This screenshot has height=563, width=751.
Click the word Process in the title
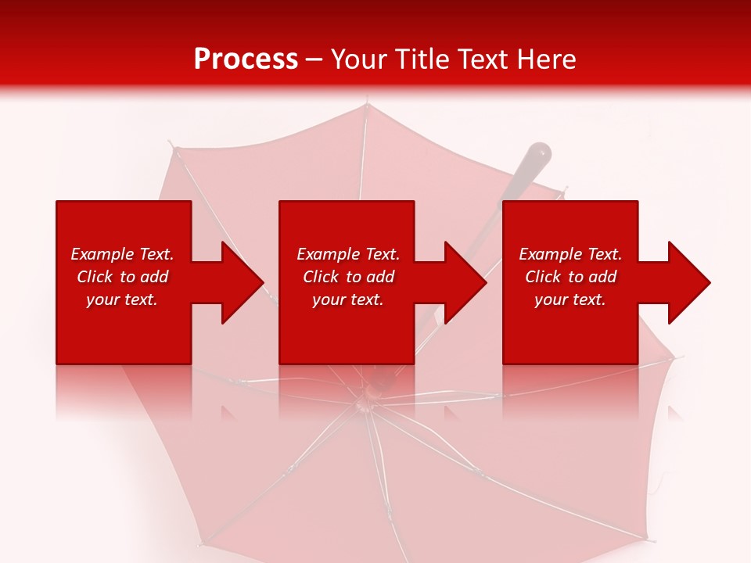tap(246, 59)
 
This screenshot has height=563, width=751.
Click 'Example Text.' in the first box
tap(122, 254)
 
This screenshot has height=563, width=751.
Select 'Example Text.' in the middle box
tap(348, 254)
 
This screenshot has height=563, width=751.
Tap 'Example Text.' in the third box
tap(570, 254)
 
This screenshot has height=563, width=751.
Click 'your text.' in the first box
tap(122, 299)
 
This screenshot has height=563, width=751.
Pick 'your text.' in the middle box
tap(348, 299)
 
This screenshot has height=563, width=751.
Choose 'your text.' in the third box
tap(570, 299)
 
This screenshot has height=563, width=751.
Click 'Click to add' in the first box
tap(122, 277)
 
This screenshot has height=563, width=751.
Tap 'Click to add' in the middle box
tap(348, 277)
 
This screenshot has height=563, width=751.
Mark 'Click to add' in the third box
tap(570, 277)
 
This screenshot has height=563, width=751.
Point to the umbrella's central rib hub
tap(365, 403)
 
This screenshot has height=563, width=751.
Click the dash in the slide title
tap(314, 59)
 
